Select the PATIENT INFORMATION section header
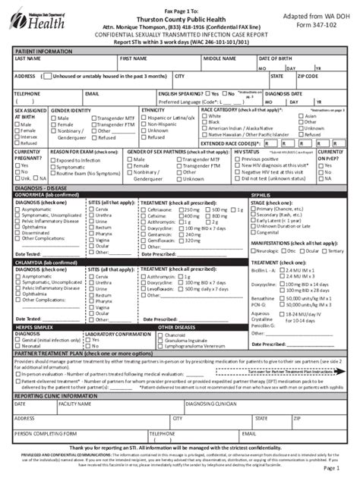[44, 50]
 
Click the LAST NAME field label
[28, 58]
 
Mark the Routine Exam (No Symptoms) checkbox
[55, 173]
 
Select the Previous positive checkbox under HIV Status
[238, 159]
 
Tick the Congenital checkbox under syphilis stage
[255, 233]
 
